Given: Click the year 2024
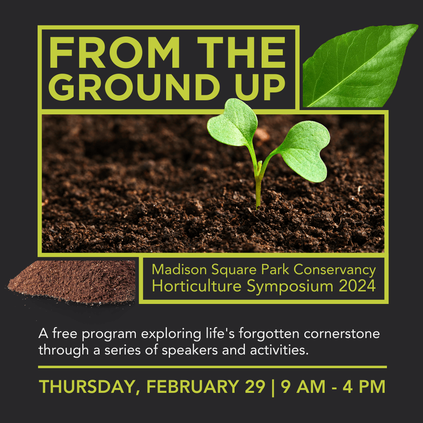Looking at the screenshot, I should click(357, 286).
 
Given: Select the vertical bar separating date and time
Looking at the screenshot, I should click(273, 387).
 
